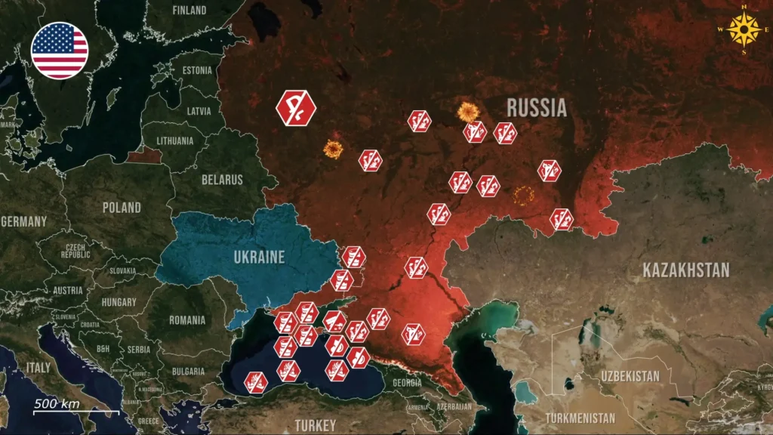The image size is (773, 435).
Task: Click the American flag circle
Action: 60,51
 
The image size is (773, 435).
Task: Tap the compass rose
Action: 746,31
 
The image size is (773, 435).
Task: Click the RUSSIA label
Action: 536,107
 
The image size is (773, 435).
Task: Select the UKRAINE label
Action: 258,258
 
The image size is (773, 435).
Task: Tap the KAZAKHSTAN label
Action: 685,270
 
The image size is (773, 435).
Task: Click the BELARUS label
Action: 222,180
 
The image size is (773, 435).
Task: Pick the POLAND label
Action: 122,207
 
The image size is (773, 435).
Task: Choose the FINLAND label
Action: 189,11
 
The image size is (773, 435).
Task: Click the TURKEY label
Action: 315,425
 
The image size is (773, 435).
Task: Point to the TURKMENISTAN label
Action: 580,418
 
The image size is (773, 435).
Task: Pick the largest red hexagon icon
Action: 296,107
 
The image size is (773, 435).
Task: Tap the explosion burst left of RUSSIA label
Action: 469,113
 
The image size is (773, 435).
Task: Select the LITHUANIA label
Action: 174,140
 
